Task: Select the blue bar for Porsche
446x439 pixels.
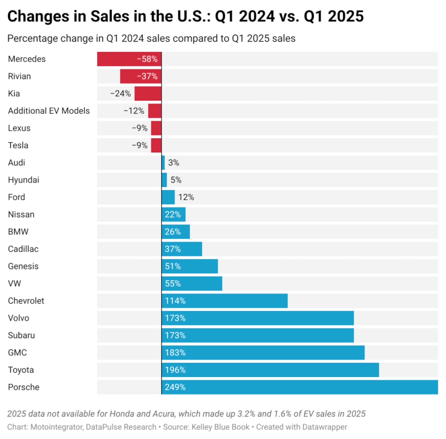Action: click(300, 387)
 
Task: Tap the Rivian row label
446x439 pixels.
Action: click(20, 76)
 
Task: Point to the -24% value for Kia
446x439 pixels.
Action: click(120, 94)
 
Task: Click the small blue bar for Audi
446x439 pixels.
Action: click(163, 162)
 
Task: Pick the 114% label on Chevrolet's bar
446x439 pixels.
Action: click(175, 301)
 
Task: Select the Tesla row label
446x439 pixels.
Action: click(18, 145)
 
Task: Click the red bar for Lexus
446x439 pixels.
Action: click(156, 128)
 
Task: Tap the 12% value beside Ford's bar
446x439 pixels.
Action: click(186, 197)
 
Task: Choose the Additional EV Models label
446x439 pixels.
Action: click(49, 111)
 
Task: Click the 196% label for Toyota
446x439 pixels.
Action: click(175, 370)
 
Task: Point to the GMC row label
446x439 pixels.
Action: click(17, 353)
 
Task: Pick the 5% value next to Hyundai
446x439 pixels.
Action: click(176, 180)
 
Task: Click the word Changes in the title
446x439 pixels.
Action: click(38, 16)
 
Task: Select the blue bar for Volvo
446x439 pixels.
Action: click(257, 318)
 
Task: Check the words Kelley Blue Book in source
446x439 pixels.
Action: click(220, 427)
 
